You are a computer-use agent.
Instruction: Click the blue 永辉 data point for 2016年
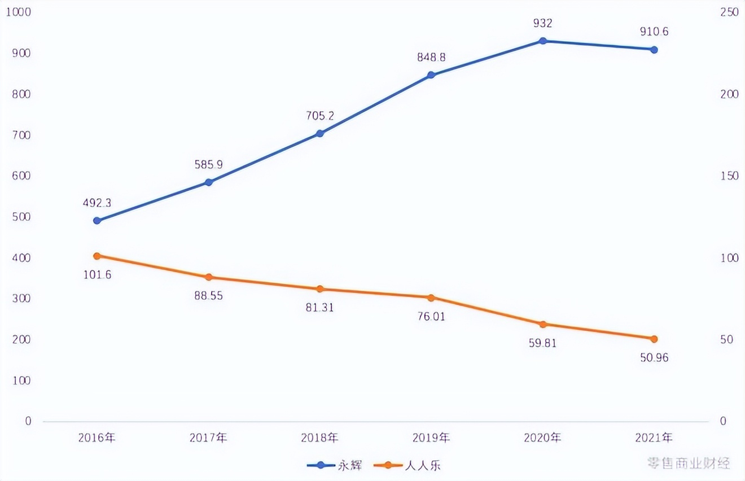tap(97, 220)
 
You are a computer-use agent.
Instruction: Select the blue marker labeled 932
tap(542, 41)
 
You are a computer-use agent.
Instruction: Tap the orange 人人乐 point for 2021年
tap(654, 339)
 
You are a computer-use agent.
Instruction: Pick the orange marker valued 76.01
tap(431, 298)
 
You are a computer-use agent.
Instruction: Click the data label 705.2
tap(319, 116)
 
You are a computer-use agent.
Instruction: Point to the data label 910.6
tap(654, 32)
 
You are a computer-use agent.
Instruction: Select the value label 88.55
tap(208, 295)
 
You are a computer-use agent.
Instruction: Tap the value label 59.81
tap(542, 343)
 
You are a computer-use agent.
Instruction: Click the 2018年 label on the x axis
tap(319, 438)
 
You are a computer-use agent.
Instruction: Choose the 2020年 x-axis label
tap(542, 438)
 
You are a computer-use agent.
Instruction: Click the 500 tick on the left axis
tap(22, 217)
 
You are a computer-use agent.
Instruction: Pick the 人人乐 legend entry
tap(410, 465)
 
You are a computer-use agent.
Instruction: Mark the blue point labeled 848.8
tap(431, 75)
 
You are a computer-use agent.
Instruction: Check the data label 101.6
tap(97, 275)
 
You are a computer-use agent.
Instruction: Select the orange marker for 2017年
tap(208, 277)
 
